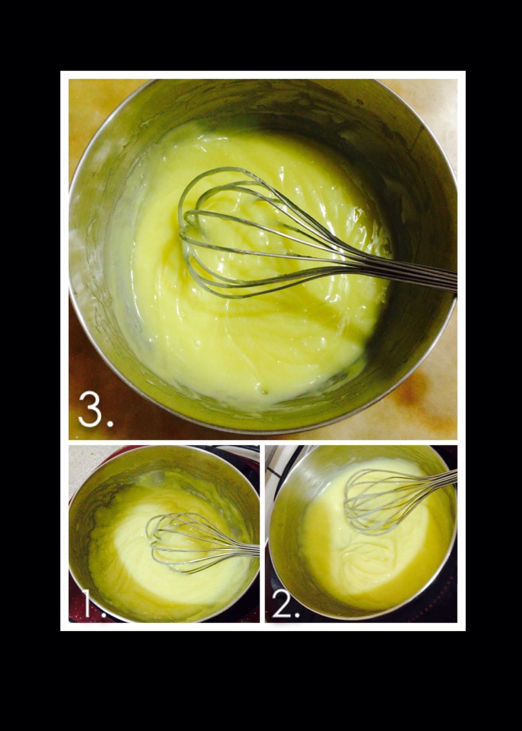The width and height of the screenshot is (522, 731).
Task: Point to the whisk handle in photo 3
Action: click(401, 275)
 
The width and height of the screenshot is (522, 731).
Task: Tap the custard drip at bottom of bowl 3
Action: click(261, 388)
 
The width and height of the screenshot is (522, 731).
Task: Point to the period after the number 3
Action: click(110, 424)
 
